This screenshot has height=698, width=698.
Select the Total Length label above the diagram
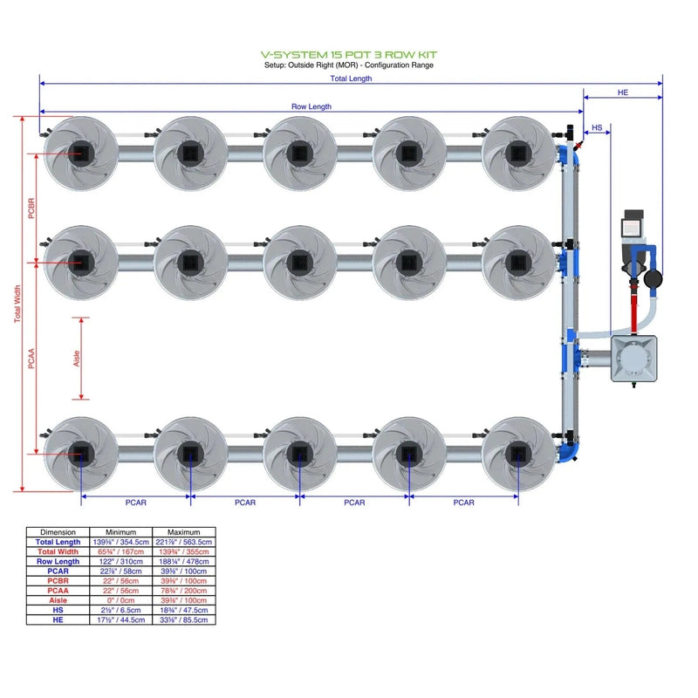click(351, 79)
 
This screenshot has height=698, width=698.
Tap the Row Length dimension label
click(311, 106)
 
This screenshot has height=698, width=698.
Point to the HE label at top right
click(622, 92)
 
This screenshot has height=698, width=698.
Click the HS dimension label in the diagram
click(597, 128)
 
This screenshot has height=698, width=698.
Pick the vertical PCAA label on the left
click(31, 358)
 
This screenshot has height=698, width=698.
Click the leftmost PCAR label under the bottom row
click(136, 503)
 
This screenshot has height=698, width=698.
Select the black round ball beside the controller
click(653, 279)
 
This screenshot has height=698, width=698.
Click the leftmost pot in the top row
click(79, 153)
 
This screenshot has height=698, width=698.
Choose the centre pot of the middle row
click(299, 261)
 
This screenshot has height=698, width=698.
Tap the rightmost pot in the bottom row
click(518, 453)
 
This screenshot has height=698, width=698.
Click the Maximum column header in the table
click(183, 531)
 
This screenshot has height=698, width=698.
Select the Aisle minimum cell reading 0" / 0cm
click(121, 600)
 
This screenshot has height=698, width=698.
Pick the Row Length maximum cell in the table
click(183, 562)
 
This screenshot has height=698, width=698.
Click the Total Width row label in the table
click(58, 551)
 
